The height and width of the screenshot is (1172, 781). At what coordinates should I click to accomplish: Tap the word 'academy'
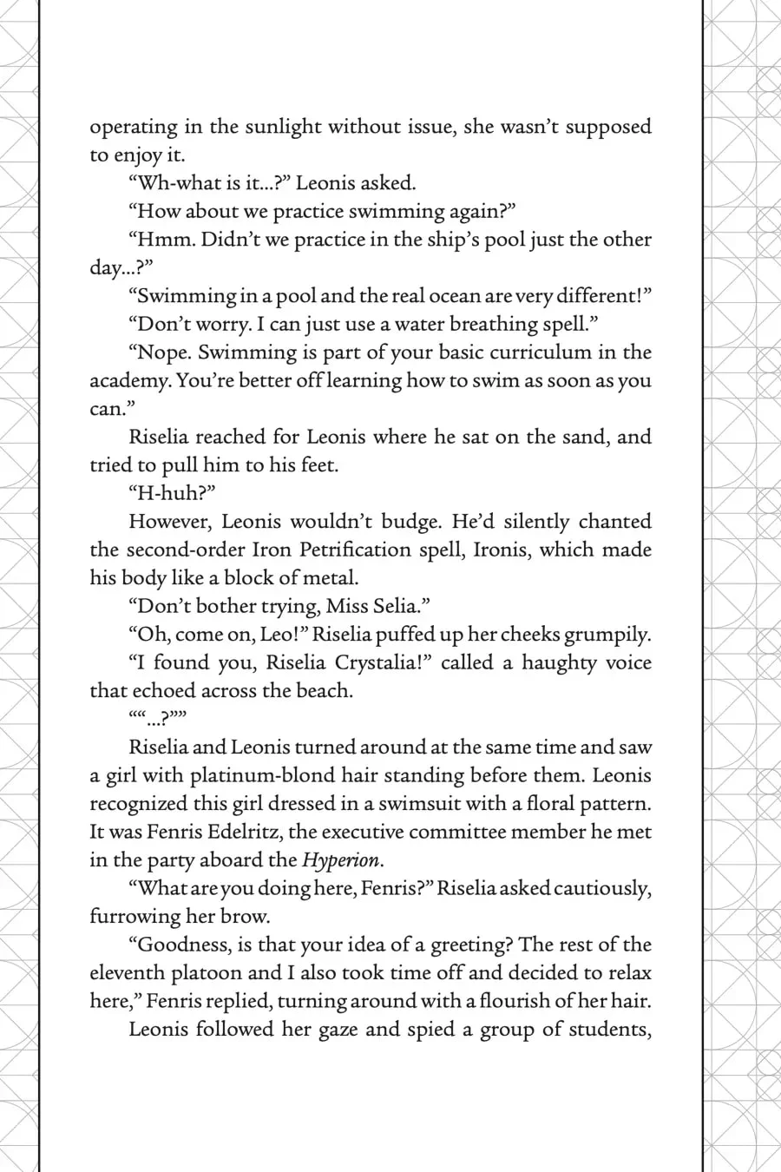[x=128, y=381]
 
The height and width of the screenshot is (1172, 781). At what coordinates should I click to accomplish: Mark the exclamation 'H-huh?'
[x=172, y=493]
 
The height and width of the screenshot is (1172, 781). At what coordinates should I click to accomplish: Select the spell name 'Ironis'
[x=500, y=550]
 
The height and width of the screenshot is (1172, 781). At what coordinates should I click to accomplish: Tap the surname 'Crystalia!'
[x=380, y=662]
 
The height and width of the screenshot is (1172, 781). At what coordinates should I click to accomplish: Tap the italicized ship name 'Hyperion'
[x=340, y=860]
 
